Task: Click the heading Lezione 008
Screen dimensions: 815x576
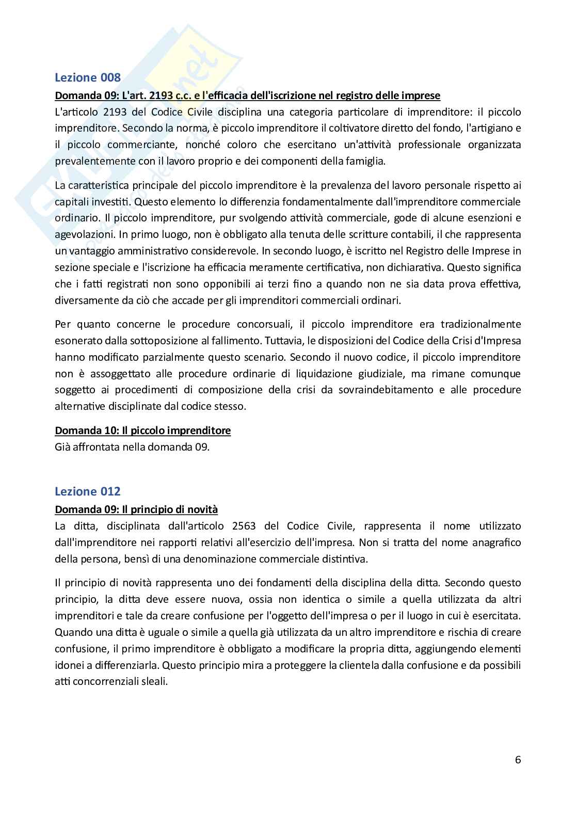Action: (88, 77)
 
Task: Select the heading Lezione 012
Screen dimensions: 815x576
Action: (88, 491)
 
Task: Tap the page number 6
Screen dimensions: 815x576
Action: (518, 759)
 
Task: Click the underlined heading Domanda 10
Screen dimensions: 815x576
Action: (142, 430)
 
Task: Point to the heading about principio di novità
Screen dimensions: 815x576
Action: (136, 509)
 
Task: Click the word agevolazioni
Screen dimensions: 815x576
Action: (84, 234)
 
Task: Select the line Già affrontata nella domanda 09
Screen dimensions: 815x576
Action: (132, 446)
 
